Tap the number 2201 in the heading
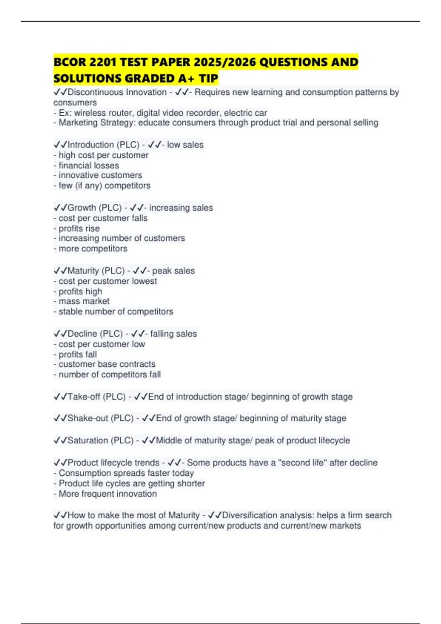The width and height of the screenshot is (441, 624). [103, 62]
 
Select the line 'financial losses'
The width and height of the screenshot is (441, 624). [89, 166]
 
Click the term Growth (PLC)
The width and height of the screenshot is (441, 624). [94, 208]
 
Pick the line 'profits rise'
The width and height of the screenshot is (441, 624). [79, 228]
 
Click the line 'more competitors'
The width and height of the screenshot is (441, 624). [93, 248]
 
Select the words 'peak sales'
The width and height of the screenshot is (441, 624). [173, 271]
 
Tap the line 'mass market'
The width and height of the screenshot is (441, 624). [84, 301]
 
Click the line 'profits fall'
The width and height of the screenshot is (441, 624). [78, 355]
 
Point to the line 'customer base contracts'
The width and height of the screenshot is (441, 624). [107, 364]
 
